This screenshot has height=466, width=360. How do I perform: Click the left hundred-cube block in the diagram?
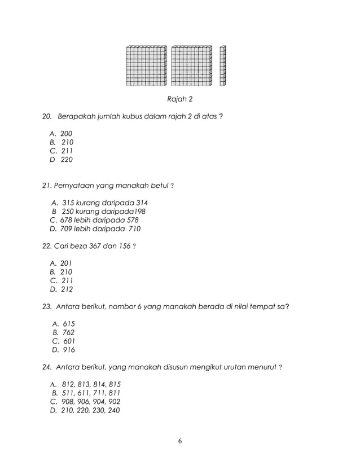pos(146,65)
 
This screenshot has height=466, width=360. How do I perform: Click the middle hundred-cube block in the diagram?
pos(191,65)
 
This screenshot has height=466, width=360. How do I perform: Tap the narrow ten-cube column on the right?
pos(223,65)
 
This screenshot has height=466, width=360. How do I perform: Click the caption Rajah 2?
pos(179,100)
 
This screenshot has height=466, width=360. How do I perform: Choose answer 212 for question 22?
pos(67,289)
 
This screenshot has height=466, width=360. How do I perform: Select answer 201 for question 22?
pos(67,263)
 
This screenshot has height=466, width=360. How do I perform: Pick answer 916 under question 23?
pos(69,350)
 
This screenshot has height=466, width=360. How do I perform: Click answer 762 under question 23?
pos(69,332)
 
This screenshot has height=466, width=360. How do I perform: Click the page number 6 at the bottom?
pos(179,441)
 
